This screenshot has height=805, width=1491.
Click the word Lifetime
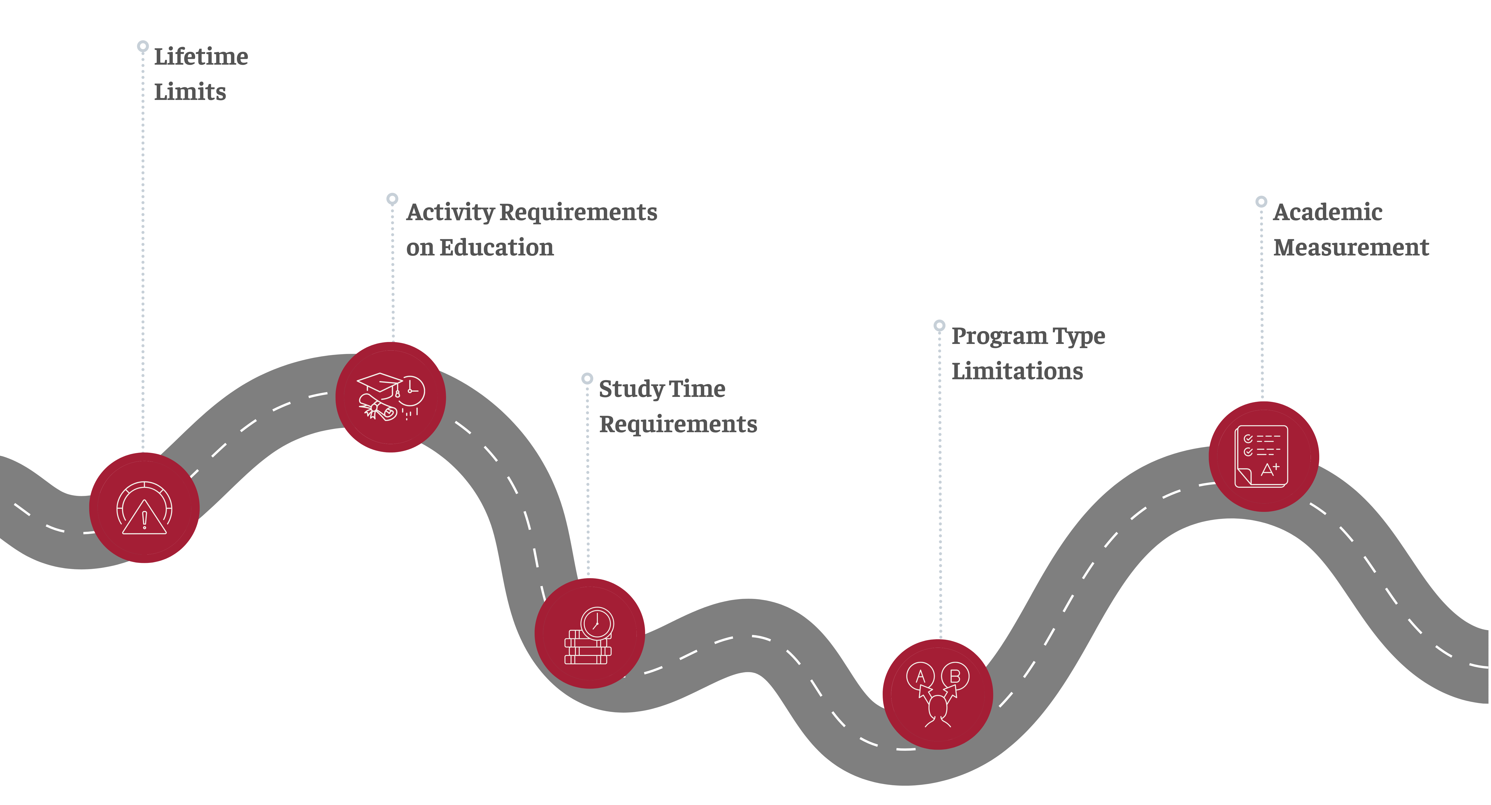(201, 57)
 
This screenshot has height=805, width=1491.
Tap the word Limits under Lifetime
(190, 92)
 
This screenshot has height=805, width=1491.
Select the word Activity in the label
(450, 212)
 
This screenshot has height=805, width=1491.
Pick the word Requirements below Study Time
(678, 424)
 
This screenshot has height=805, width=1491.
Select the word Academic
(1328, 212)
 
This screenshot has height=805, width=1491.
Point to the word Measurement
(1351, 248)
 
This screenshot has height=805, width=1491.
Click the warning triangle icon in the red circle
(144, 517)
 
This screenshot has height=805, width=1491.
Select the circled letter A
(920, 676)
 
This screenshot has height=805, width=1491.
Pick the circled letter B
(955, 676)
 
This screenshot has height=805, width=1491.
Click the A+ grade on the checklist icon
(1269, 469)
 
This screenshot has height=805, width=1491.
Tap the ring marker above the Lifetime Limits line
(143, 46)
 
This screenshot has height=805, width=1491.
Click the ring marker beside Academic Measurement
(1261, 201)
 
